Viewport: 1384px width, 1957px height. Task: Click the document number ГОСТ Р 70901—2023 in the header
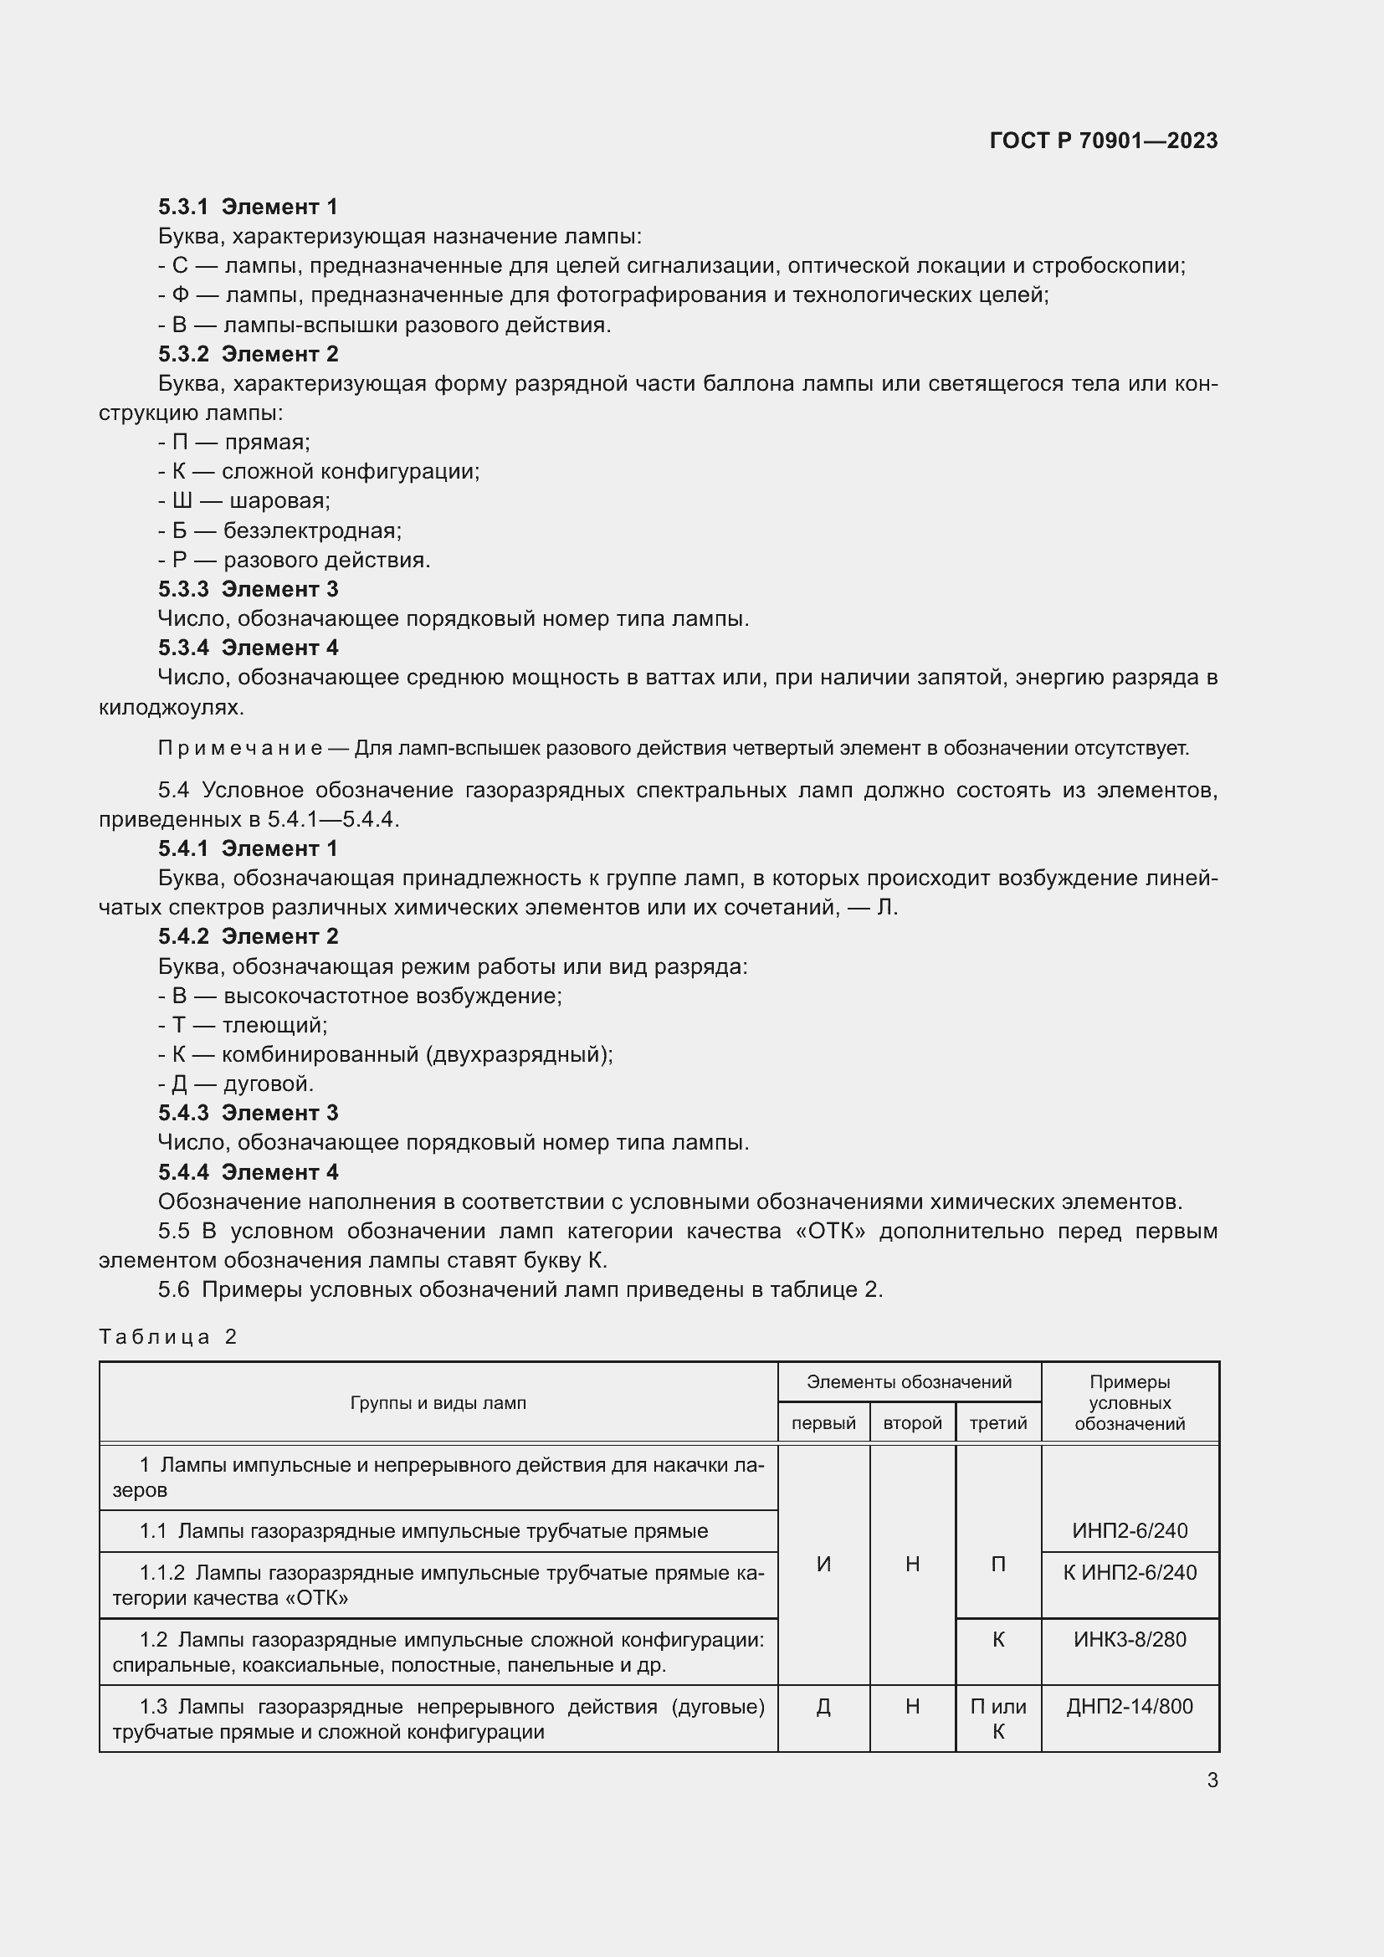[1103, 141]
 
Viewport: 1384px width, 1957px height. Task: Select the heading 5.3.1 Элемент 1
[247, 207]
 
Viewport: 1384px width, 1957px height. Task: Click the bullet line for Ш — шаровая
[244, 500]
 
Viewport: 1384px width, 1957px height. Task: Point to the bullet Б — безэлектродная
[279, 530]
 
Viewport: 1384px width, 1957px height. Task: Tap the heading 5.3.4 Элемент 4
[247, 648]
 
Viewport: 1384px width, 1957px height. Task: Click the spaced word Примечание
[239, 748]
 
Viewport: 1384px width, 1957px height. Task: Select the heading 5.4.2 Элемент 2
[247, 936]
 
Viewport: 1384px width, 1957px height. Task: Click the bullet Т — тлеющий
[243, 1025]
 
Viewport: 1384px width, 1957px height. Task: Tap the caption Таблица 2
[168, 1336]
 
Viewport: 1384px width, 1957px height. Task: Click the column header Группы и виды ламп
[438, 1403]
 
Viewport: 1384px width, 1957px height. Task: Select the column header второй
[912, 1422]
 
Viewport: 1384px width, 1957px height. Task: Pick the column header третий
[998, 1422]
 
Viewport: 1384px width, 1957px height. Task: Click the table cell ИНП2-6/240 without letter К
[1129, 1531]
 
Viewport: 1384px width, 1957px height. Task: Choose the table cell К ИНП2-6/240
[1129, 1573]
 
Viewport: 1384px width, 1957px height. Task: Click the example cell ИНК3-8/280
[1129, 1639]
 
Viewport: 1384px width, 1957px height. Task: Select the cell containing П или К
[998, 1719]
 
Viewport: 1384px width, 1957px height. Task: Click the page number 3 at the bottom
[1212, 1780]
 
